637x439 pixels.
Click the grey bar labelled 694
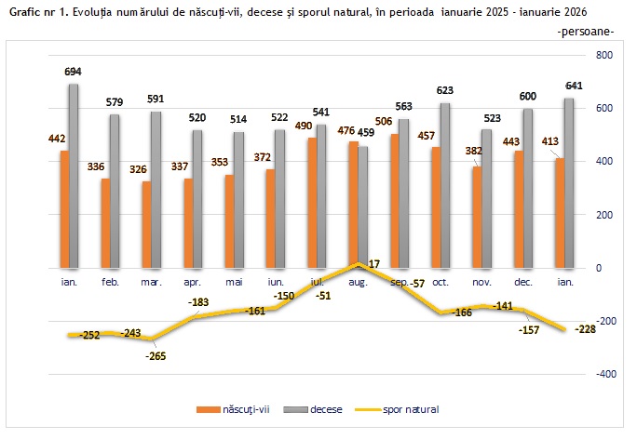(x=73, y=176)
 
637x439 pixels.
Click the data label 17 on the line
(x=373, y=265)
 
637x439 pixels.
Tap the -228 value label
(x=586, y=329)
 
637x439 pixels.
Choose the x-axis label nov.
(x=481, y=280)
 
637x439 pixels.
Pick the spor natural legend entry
(x=405, y=408)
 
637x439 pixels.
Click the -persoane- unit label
(x=584, y=32)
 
